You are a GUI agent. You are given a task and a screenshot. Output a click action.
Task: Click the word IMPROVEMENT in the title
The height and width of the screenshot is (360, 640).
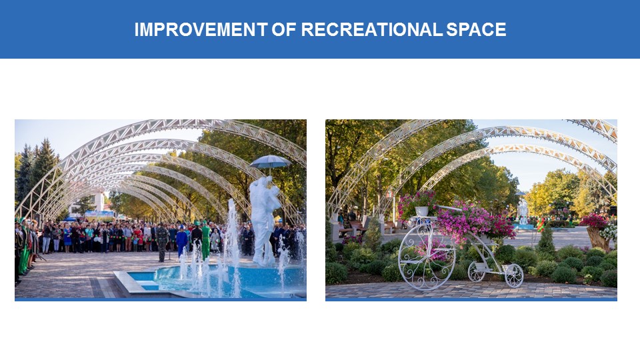[x=201, y=29]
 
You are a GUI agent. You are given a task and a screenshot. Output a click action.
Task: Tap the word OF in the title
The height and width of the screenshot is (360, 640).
[x=284, y=29]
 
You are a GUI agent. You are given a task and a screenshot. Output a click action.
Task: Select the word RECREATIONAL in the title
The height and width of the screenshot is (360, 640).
[x=371, y=29]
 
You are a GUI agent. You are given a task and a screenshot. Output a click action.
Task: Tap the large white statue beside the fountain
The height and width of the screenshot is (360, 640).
[x=265, y=221]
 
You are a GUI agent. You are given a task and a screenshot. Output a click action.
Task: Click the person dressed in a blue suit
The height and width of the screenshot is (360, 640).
[x=181, y=241]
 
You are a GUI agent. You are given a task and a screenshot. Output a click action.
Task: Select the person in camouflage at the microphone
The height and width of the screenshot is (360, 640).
[x=162, y=243]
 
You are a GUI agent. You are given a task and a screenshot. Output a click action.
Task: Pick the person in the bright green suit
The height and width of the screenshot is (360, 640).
[x=206, y=241]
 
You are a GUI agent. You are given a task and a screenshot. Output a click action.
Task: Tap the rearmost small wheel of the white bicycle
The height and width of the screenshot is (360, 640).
[x=514, y=275]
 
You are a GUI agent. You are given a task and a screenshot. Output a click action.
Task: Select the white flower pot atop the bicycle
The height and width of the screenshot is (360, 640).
[x=421, y=211]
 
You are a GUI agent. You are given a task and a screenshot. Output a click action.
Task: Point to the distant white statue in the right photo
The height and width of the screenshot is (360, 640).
[x=523, y=211]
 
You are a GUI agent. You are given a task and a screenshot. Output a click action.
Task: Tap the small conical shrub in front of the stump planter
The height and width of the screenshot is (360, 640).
[x=546, y=241]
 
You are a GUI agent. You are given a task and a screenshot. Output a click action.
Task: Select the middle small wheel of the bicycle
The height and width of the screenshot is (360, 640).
[x=476, y=272]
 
